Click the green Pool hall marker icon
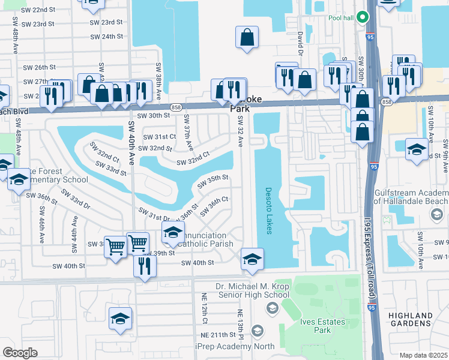pos(362,17)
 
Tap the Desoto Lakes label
pos(268,210)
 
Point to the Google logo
pos(20,352)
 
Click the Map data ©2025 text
pos(423,355)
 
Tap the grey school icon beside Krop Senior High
pos(272,308)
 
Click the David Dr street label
pos(300,42)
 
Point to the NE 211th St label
pos(220,334)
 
